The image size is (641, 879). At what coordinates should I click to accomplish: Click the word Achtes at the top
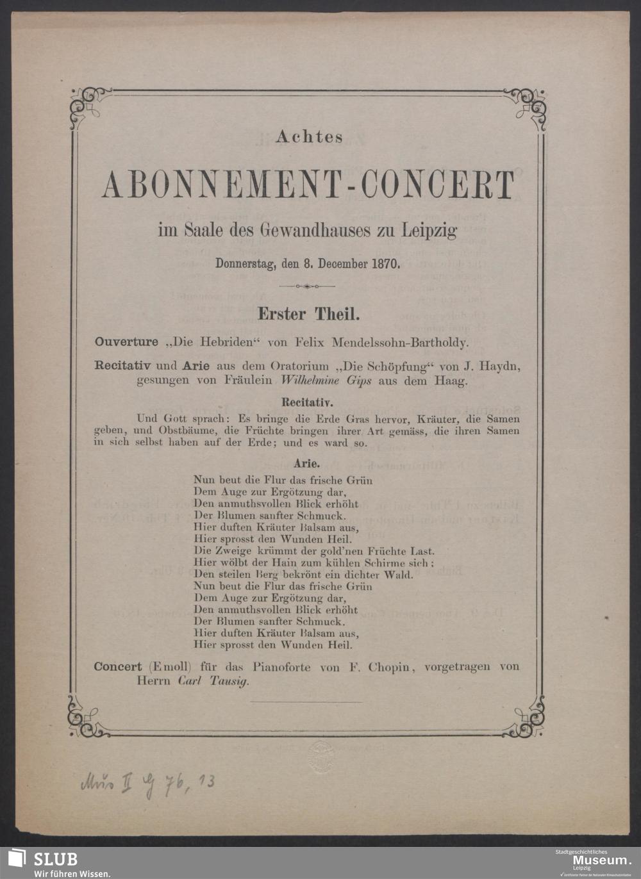coord(309,136)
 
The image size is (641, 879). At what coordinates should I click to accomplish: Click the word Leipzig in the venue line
coord(429,230)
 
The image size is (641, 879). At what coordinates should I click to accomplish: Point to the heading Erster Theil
coord(309,314)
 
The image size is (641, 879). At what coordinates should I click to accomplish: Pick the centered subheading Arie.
coord(307,463)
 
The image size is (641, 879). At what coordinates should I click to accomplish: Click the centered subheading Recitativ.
coord(307,403)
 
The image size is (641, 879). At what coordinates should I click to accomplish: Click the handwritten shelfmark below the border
coord(147,783)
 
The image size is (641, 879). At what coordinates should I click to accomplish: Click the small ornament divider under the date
coord(308,286)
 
